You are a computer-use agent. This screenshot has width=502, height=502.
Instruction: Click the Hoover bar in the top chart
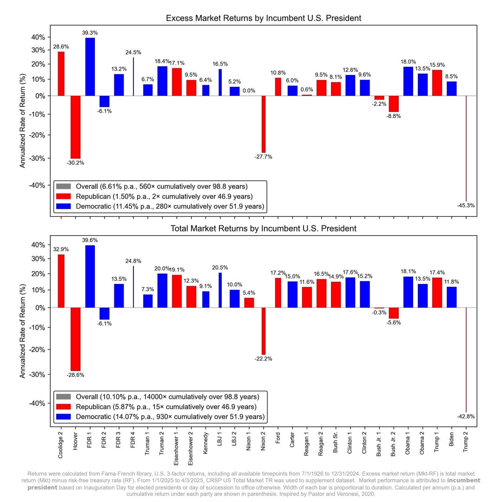tap(75, 127)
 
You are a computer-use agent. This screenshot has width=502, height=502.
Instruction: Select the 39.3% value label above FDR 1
tap(90, 33)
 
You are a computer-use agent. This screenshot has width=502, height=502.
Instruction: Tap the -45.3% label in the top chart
tap(466, 205)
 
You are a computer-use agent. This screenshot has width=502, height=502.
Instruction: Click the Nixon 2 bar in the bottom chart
tap(264, 331)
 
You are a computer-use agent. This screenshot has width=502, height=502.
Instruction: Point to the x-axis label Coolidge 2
tap(61, 445)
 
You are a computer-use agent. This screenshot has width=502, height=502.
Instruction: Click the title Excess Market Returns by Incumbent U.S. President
tap(264, 18)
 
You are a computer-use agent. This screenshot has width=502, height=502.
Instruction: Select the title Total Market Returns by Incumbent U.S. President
tap(264, 228)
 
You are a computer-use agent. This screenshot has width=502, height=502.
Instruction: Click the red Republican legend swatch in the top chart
tap(63, 196)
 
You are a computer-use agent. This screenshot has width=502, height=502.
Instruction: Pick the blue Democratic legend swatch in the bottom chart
tap(63, 416)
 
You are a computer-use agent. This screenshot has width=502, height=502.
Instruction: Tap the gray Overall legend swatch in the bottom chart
tap(63, 396)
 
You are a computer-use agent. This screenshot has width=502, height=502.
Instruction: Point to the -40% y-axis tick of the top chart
tap(38, 185)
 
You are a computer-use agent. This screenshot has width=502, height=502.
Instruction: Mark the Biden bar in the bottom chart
tap(451, 297)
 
